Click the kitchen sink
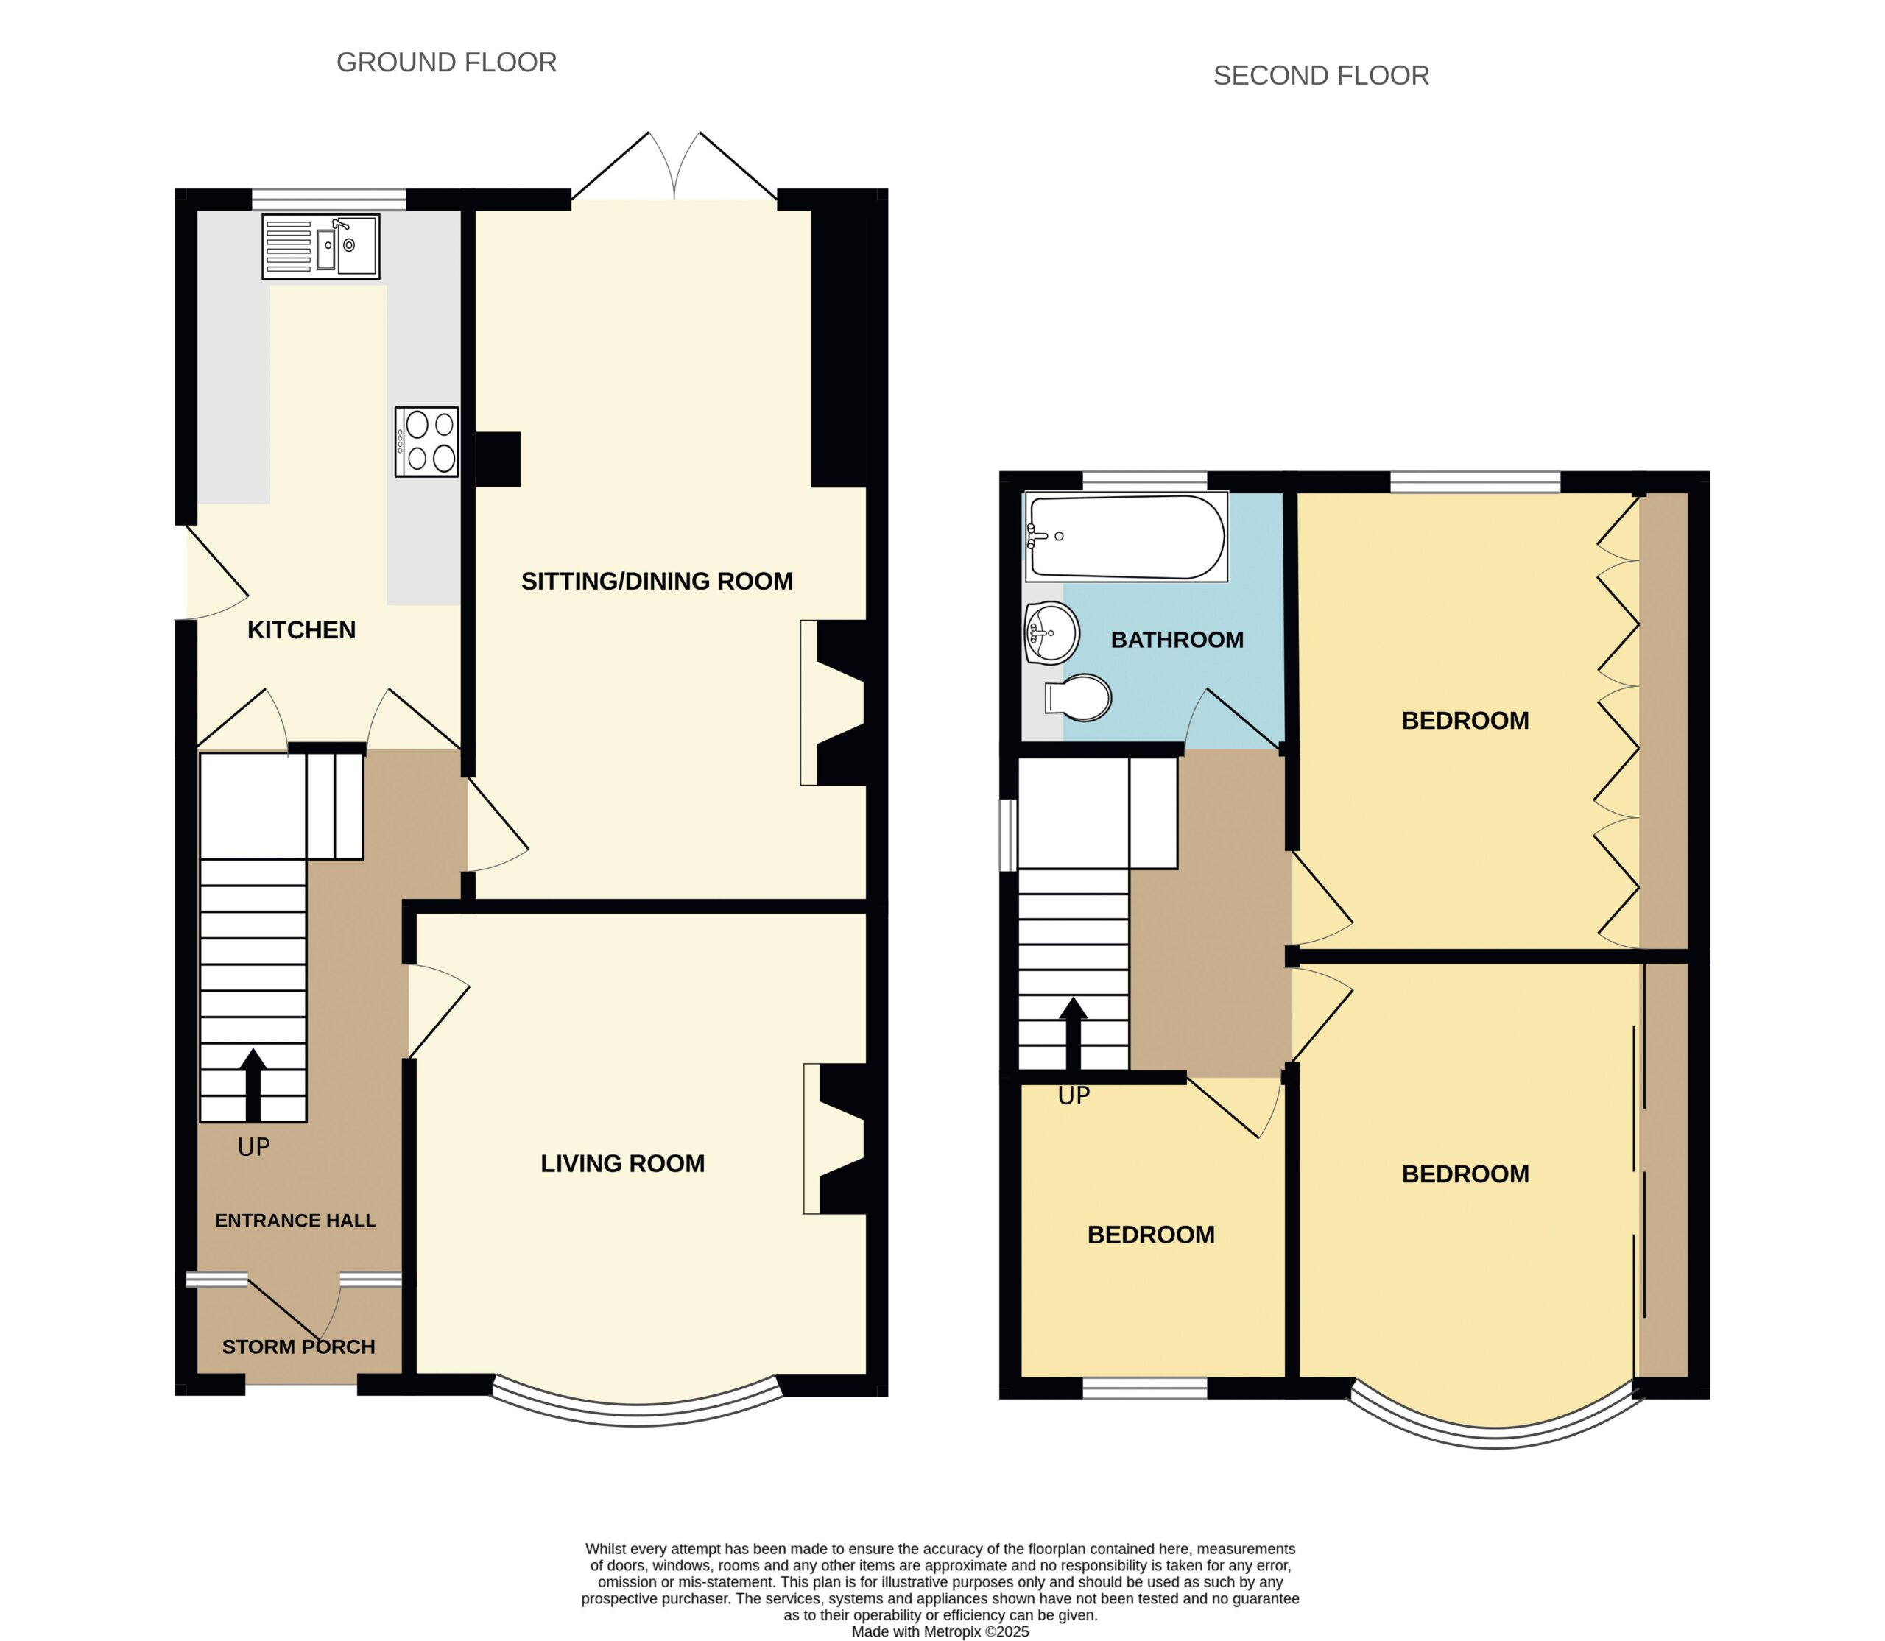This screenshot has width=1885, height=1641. tap(320, 247)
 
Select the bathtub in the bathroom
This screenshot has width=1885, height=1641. tap(1127, 537)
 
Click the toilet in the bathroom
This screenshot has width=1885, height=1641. tap(1078, 698)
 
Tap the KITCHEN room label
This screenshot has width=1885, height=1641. tap(301, 630)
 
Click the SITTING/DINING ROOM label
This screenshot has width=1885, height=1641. tap(657, 582)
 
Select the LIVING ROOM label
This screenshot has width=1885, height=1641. tap(623, 1164)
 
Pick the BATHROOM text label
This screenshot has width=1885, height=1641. tap(1177, 640)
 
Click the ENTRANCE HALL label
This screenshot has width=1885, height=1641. tap(296, 1221)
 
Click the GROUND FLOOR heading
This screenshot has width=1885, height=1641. tap(447, 63)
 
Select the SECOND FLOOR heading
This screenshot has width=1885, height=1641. tap(1321, 75)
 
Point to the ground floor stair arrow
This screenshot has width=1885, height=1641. tap(253, 1085)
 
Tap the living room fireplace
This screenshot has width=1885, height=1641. tap(835, 1139)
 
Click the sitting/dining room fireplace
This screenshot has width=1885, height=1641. tap(834, 702)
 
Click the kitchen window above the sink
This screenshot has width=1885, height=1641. tap(329, 200)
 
